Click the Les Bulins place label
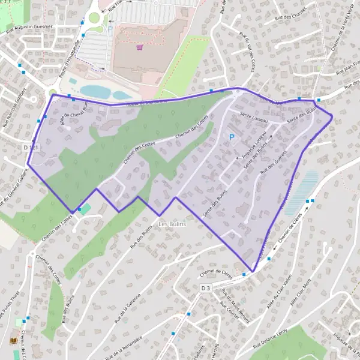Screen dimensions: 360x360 click(172, 224)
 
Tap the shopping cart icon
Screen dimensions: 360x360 click(140, 47)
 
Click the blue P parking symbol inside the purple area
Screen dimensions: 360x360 click(232, 137)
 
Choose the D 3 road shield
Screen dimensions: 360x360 click(206, 288)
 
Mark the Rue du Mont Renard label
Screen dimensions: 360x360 click(235, 298)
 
